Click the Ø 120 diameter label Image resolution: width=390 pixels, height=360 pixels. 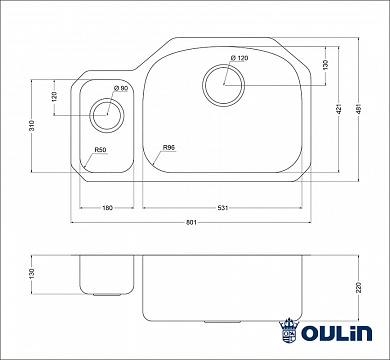click(x=235, y=61)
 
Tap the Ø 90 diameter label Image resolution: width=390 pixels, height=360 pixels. click(x=120, y=89)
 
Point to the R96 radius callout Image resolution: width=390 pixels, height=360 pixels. click(x=169, y=150)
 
